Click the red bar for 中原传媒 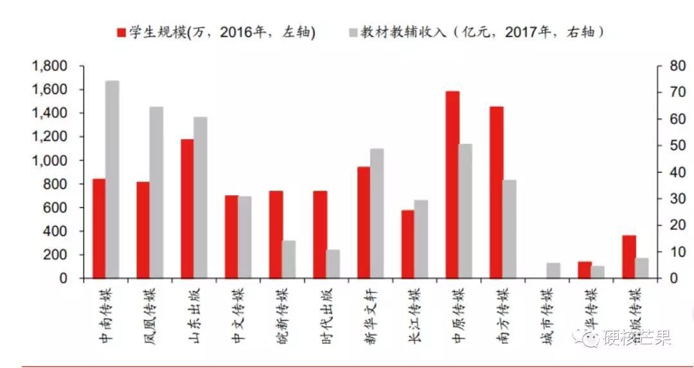click(452, 185)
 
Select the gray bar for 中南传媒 click(112, 180)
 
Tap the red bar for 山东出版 click(187, 209)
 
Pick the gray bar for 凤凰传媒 click(156, 193)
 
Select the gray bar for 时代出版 click(333, 264)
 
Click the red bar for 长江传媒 click(408, 244)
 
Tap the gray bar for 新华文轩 click(377, 213)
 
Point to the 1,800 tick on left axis click(49, 66)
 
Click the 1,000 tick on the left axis click(49, 161)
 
